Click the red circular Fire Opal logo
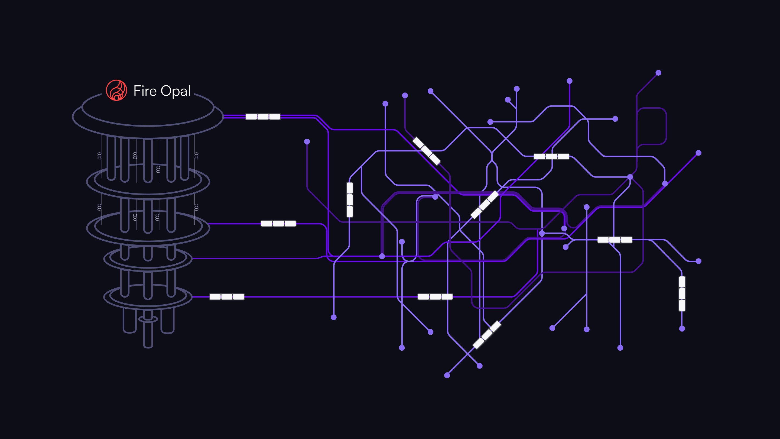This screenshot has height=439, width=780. [116, 90]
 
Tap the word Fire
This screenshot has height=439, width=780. [145, 91]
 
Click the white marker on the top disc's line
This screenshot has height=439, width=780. [263, 117]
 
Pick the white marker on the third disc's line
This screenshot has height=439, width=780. [278, 224]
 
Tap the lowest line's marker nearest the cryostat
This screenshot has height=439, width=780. [227, 297]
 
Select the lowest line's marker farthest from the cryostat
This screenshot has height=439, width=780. [435, 297]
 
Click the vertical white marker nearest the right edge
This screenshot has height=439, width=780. [682, 293]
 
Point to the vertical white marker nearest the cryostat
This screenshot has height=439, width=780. [350, 200]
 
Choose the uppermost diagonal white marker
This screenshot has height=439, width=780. [426, 151]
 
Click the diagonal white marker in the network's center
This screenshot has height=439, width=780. [484, 205]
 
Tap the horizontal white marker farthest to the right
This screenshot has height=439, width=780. [615, 240]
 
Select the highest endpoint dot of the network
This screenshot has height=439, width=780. [658, 73]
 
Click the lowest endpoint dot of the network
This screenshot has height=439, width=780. [447, 375]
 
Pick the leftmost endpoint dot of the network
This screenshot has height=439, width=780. [307, 141]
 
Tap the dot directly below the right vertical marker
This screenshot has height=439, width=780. [682, 329]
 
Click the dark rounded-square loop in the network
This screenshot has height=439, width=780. [652, 126]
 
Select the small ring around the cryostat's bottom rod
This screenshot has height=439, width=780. [148, 319]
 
